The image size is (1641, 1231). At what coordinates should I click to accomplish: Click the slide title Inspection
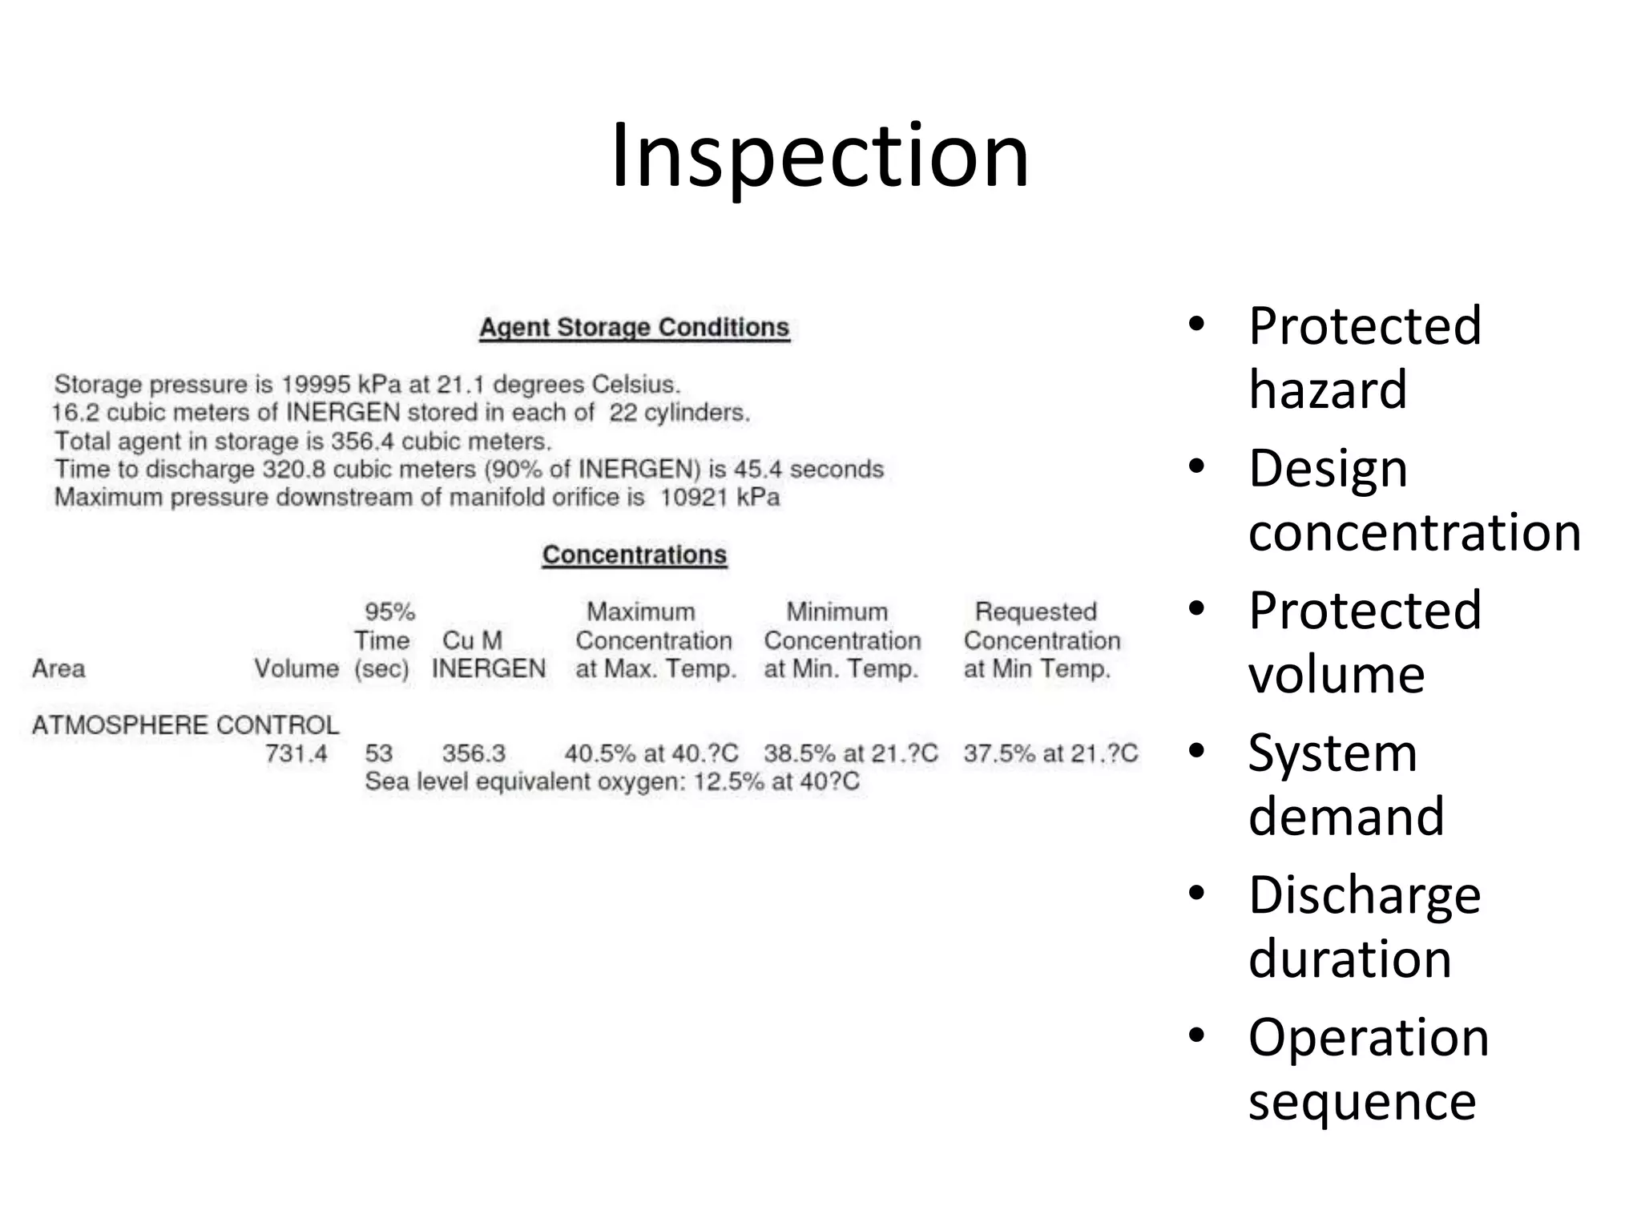pyautogui.click(x=819, y=155)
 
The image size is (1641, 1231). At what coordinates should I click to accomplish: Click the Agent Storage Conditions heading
pyautogui.click(x=634, y=328)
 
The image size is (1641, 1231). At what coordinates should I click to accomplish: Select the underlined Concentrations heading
pyautogui.click(x=634, y=555)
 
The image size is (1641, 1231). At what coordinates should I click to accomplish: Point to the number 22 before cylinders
pyautogui.click(x=623, y=413)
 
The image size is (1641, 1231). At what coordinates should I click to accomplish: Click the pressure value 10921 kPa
pyautogui.click(x=719, y=498)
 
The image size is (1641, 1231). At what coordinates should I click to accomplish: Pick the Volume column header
pyautogui.click(x=296, y=668)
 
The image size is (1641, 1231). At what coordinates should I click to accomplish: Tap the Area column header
pyautogui.click(x=58, y=668)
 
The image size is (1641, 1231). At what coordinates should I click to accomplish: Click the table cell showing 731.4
pyautogui.click(x=296, y=753)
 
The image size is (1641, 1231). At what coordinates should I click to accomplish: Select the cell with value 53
pyautogui.click(x=378, y=753)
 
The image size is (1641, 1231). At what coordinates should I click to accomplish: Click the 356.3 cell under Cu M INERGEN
pyautogui.click(x=474, y=753)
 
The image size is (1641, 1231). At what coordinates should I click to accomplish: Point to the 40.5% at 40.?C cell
pyautogui.click(x=651, y=753)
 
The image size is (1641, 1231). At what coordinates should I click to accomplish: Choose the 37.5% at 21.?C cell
pyautogui.click(x=1050, y=753)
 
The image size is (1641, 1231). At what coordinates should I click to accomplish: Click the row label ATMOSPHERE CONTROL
pyautogui.click(x=185, y=725)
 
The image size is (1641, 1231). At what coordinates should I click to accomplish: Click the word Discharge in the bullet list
pyautogui.click(x=1364, y=895)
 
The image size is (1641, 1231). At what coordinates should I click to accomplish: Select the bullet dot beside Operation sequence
pyautogui.click(x=1196, y=1035)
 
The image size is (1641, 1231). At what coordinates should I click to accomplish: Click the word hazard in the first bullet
pyautogui.click(x=1327, y=389)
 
